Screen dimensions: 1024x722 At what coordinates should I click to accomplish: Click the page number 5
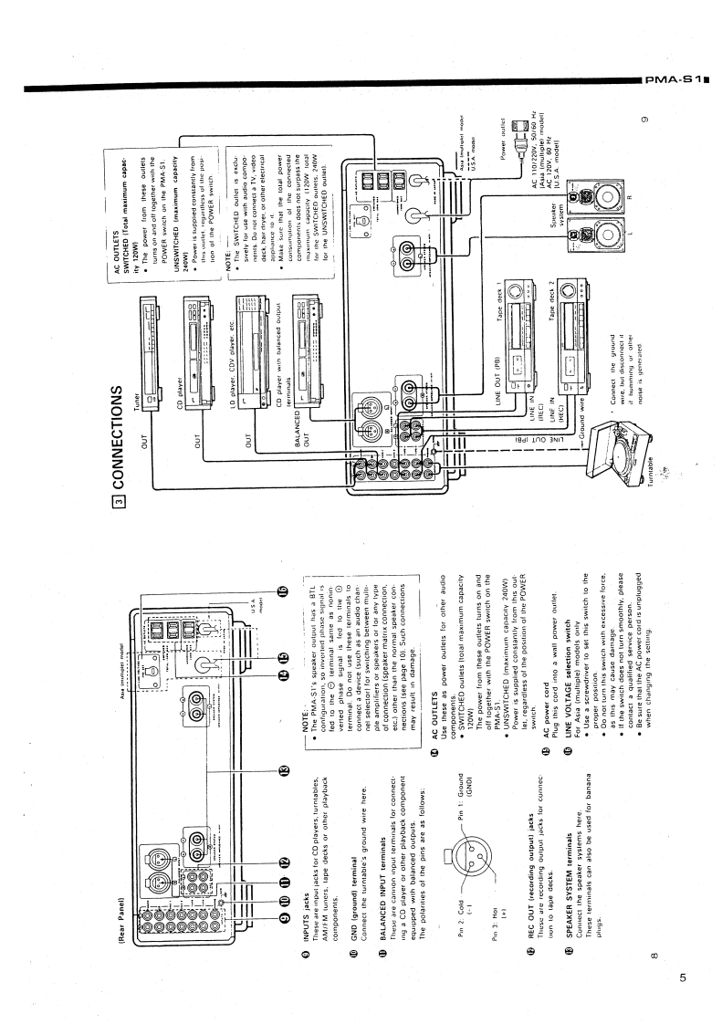click(683, 977)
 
